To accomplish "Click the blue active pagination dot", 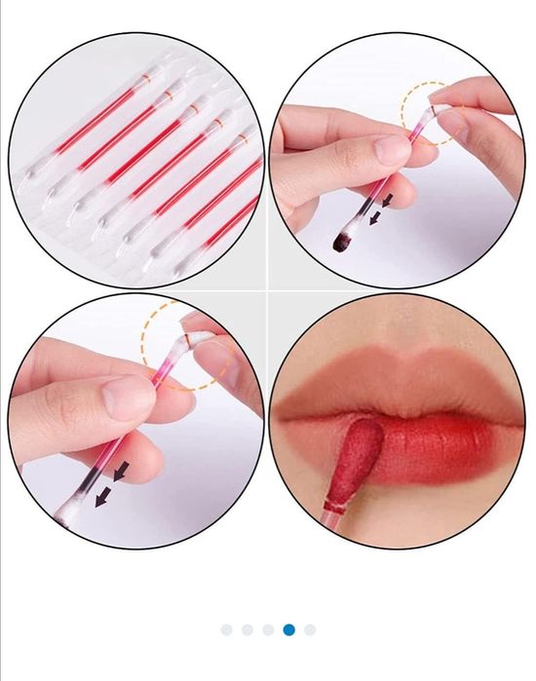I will tap(288, 629).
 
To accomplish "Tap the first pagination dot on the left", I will tap(226, 629).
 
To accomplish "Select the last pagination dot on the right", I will tap(310, 629).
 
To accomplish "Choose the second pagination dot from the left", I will tap(248, 629).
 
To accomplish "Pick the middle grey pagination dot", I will tap(268, 629).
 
